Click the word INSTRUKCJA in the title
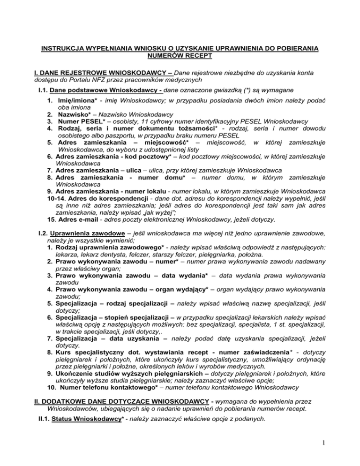(63, 48)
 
